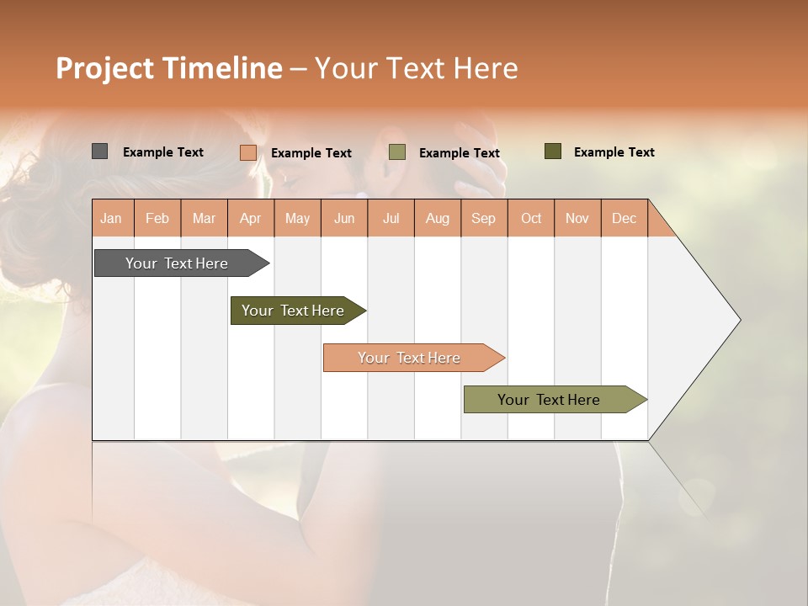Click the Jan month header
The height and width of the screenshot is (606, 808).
coord(112,219)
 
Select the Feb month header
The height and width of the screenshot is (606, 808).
coord(157,219)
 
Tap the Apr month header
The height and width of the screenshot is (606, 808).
coord(251,219)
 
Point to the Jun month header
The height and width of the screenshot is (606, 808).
coord(344,219)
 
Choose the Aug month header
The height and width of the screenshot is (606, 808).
coord(438,219)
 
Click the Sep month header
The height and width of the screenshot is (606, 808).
coord(484,219)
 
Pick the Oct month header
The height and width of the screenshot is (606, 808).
coord(531,219)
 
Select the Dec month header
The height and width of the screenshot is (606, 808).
coord(625,219)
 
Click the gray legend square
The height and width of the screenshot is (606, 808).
coord(99,151)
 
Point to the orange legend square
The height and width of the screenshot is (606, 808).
coord(247,152)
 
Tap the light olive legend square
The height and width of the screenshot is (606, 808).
coord(397,152)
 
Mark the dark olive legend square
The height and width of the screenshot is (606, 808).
coord(553,151)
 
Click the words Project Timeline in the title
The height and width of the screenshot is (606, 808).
coord(168,68)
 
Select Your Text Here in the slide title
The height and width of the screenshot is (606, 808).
coord(416,68)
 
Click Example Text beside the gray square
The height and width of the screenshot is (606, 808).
coord(163,152)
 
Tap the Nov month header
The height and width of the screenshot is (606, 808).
coord(577,219)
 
